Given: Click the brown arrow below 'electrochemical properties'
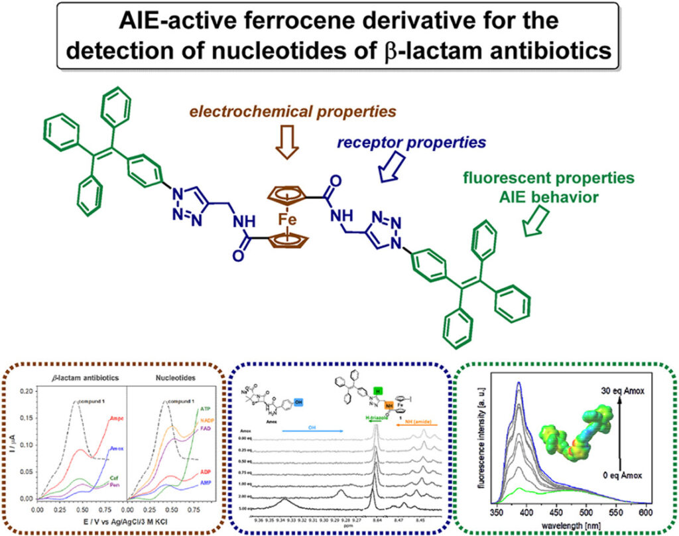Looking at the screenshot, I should click(287, 147).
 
